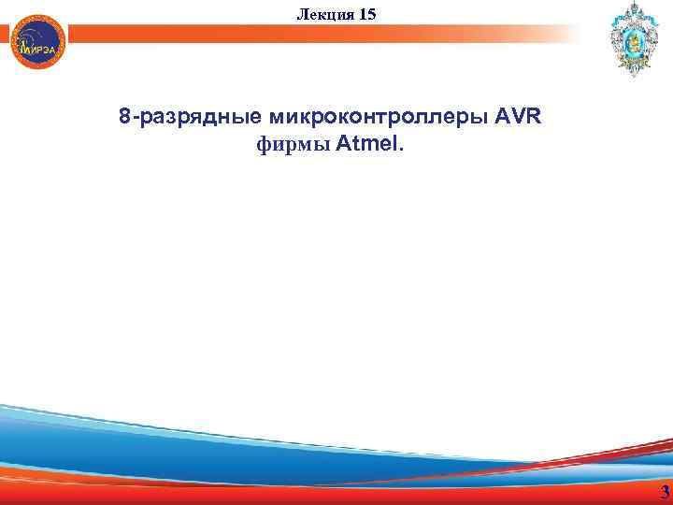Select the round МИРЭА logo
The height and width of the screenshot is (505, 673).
tap(38, 42)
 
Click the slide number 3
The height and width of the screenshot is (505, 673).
tap(664, 493)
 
